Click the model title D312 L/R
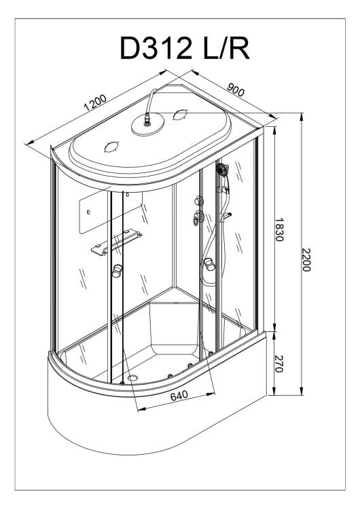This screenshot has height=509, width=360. [x=185, y=48]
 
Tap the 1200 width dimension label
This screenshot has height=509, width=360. [x=95, y=102]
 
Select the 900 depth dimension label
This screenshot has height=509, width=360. [x=236, y=90]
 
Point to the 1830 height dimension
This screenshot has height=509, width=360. [x=279, y=229]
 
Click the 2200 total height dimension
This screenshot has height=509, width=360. [x=306, y=260]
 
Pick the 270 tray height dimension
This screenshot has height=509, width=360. [x=279, y=363]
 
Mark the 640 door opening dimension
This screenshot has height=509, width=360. [x=179, y=396]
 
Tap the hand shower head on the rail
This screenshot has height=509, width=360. [x=222, y=169]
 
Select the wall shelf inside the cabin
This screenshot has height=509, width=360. [x=116, y=242]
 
